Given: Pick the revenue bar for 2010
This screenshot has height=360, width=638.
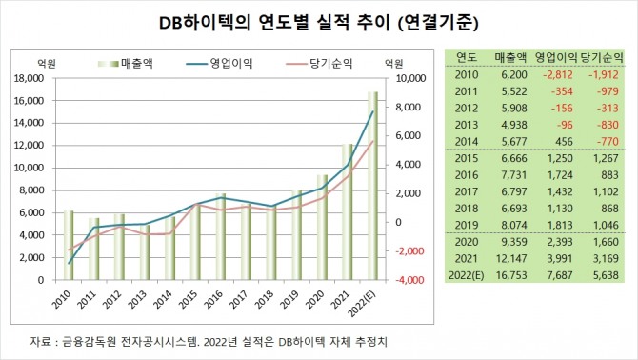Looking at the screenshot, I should point(69,245).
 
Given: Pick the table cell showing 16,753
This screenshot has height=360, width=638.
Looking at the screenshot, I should point(506,277).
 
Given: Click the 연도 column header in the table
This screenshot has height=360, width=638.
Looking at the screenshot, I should point(467,56).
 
